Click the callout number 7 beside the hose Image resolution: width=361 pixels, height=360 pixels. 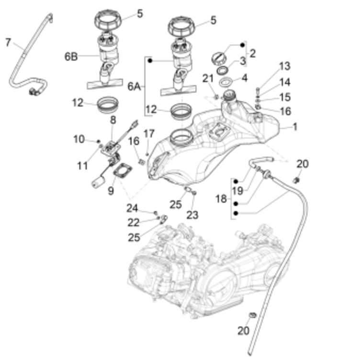pyautogui.click(x=8, y=43)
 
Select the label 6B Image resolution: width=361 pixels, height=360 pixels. pyautogui.click(x=71, y=57)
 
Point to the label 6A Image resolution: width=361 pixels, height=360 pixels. pyautogui.click(x=134, y=87)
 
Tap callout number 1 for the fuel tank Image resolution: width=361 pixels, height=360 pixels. pyautogui.click(x=295, y=127)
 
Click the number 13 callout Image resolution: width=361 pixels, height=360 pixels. pyautogui.click(x=285, y=66)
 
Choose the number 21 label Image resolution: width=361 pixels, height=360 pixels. pyautogui.click(x=208, y=79)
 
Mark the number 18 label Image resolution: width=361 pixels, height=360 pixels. pyautogui.click(x=221, y=199)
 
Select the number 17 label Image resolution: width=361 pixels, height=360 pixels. pyautogui.click(x=149, y=133)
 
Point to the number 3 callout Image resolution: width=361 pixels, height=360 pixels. pyautogui.click(x=243, y=61)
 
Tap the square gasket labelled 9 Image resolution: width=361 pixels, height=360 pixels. pyautogui.click(x=123, y=171)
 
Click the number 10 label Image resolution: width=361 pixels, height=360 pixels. pyautogui.click(x=79, y=139)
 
